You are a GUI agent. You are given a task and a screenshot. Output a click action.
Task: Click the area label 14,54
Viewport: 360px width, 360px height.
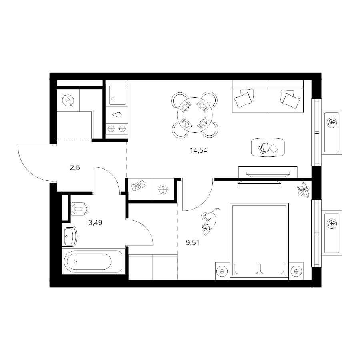(198, 151)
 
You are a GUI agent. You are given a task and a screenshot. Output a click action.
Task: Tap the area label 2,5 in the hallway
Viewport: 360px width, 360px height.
(75, 168)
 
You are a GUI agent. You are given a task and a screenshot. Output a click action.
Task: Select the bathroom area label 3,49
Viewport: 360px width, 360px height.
(95, 222)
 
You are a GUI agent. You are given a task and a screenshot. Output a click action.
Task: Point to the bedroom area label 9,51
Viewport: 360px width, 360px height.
(193, 243)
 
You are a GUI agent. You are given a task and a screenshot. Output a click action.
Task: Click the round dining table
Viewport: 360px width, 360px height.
(194, 115)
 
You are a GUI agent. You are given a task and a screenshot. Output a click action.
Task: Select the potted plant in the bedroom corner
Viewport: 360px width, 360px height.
(304, 190)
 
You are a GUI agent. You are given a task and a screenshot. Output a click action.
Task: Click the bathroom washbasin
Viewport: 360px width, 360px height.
(70, 236)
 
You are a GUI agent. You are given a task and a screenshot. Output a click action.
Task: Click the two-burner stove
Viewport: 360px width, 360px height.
(117, 128)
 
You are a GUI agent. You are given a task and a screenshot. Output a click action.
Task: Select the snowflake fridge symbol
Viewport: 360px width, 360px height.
(163, 190)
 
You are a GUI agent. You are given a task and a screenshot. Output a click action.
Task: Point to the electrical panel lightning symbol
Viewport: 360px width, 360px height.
(68, 101)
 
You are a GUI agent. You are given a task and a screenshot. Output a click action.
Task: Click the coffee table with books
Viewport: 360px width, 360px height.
(268, 147)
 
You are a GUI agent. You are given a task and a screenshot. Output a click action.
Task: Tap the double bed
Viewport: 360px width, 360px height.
(259, 240)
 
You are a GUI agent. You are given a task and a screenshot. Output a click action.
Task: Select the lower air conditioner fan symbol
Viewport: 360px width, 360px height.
(332, 223)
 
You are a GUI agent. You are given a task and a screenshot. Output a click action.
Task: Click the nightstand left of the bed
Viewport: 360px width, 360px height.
(222, 271)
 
